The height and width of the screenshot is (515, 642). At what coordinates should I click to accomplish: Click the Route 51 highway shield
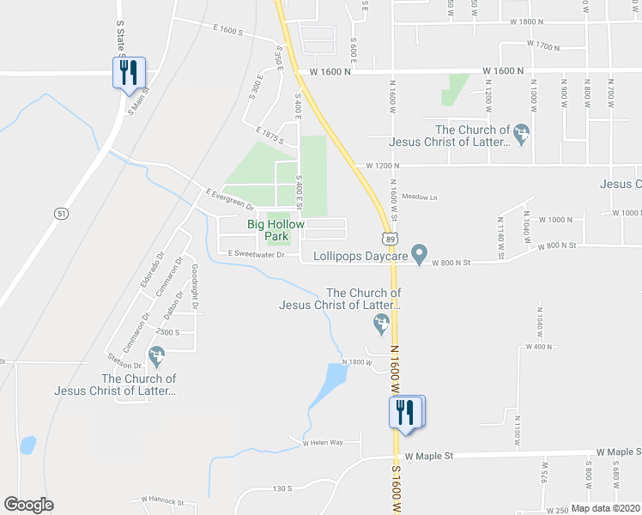60,214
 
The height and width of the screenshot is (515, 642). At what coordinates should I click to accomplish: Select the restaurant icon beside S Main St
129,72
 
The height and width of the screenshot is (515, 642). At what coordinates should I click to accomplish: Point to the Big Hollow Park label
276,230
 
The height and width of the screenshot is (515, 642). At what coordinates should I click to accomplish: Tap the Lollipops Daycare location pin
419,253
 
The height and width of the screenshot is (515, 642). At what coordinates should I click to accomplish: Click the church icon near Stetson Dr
156,354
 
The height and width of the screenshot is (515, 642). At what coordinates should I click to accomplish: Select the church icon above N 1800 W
381,324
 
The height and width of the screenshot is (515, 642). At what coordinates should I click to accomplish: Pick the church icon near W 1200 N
521,133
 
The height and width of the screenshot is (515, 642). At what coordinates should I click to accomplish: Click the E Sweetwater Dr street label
256,254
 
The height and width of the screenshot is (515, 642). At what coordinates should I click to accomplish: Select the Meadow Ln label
420,197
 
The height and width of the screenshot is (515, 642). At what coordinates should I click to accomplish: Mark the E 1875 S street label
269,136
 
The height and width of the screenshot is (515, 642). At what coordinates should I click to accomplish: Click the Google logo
28,505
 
